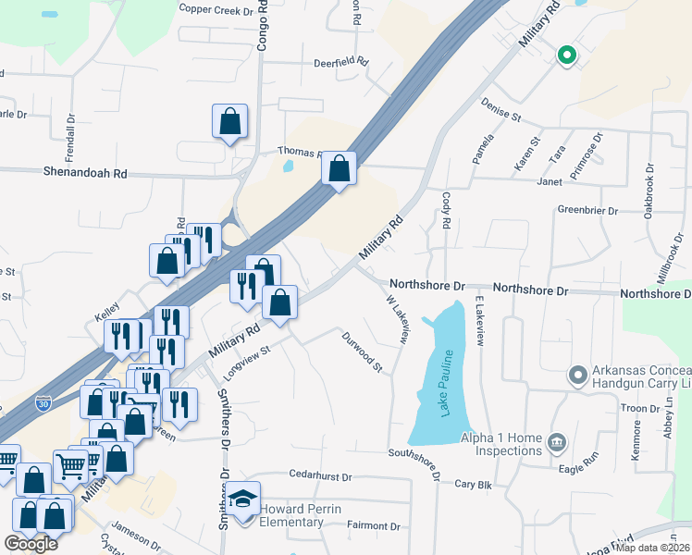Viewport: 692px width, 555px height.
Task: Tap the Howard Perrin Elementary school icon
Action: [245, 500]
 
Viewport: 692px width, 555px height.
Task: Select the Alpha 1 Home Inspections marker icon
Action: [557, 440]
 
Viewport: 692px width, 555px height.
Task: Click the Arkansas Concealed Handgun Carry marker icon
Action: [577, 375]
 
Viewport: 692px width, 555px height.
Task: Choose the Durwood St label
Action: [362, 352]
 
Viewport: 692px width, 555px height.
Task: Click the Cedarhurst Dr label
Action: [321, 477]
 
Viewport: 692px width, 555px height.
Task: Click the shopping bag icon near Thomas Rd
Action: [339, 168]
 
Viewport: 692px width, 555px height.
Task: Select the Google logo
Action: [31, 544]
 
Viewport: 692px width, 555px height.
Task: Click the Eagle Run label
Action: [580, 470]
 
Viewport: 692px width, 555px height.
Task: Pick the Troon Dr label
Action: [639, 408]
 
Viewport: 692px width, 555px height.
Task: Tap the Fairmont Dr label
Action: [373, 526]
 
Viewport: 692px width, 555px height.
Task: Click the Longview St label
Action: [246, 361]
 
